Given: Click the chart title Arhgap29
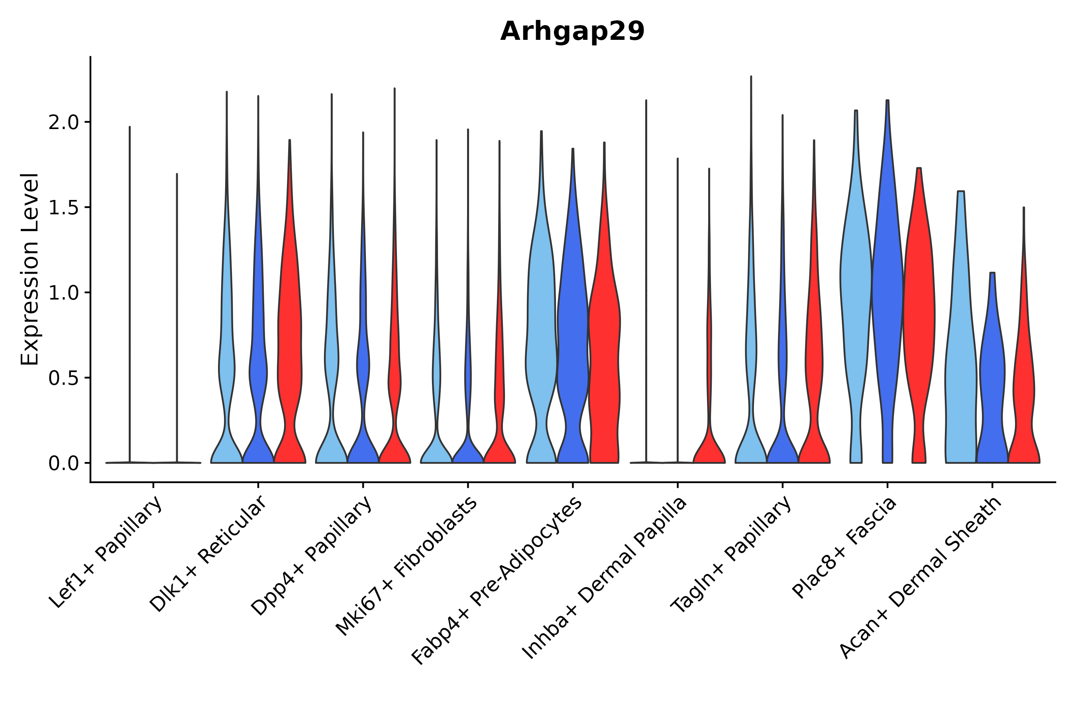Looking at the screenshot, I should (x=572, y=31).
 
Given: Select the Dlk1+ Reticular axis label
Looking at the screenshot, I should (x=208, y=554).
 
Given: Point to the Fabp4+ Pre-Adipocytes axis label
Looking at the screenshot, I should (x=497, y=580).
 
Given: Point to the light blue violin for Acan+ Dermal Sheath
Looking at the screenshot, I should (x=961, y=366).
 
